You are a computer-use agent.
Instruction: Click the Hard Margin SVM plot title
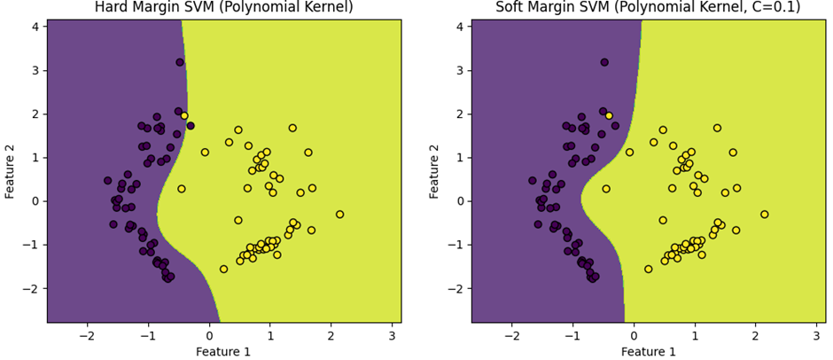pyautogui.click(x=223, y=8)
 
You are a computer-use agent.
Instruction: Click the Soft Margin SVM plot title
pyautogui.click(x=648, y=8)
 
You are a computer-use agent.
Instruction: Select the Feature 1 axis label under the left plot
pyautogui.click(x=224, y=352)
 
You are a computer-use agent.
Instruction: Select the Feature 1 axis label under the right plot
pyautogui.click(x=649, y=352)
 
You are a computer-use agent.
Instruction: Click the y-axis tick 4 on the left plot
pyautogui.click(x=35, y=27)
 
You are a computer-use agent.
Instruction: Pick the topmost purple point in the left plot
pyautogui.click(x=180, y=62)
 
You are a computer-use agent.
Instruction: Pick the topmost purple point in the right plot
pyautogui.click(x=604, y=62)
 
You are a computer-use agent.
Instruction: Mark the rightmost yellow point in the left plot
pyautogui.click(x=339, y=214)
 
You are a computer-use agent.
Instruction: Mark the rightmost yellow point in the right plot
pyautogui.click(x=764, y=214)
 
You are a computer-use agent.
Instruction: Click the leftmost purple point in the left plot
pyautogui.click(x=108, y=180)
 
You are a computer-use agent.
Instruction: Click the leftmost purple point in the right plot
pyautogui.click(x=533, y=180)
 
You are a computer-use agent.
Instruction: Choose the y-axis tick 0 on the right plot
pyautogui.click(x=460, y=201)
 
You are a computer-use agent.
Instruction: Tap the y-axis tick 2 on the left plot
pyautogui.click(x=35, y=113)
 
